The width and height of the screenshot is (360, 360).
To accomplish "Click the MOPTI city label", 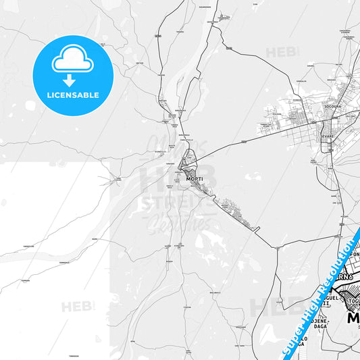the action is pyautogui.click(x=194, y=178).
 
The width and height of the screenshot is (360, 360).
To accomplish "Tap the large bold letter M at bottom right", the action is pyautogui.click(x=353, y=317).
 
